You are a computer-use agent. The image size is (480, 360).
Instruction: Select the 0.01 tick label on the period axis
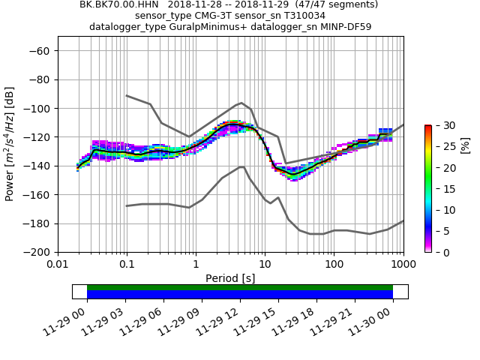click(x=58, y=265)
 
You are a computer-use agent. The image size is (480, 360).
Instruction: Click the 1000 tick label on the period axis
click(x=403, y=265)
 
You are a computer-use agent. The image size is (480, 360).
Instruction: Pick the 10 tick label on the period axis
click(x=265, y=265)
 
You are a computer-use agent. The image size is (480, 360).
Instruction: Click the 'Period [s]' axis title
click(x=230, y=278)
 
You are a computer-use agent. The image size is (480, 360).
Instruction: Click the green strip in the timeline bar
click(x=240, y=287)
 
